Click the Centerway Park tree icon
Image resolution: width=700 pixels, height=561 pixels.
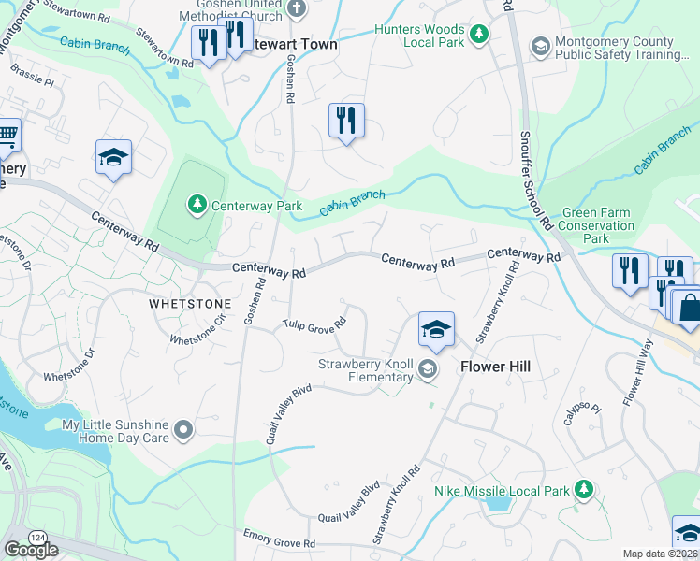click(197, 204)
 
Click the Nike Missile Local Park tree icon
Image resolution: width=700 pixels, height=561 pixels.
click(584, 489)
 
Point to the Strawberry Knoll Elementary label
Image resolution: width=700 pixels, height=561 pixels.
click(365, 370)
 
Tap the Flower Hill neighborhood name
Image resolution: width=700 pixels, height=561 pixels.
click(495, 367)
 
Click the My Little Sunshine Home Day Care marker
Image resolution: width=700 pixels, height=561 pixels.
click(183, 430)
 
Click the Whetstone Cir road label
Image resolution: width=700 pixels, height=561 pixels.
click(197, 329)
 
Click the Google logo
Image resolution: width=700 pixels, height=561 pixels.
click(31, 550)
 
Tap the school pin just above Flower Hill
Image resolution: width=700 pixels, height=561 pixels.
click(436, 330)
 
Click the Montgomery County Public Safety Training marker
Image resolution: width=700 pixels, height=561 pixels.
click(540, 46)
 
